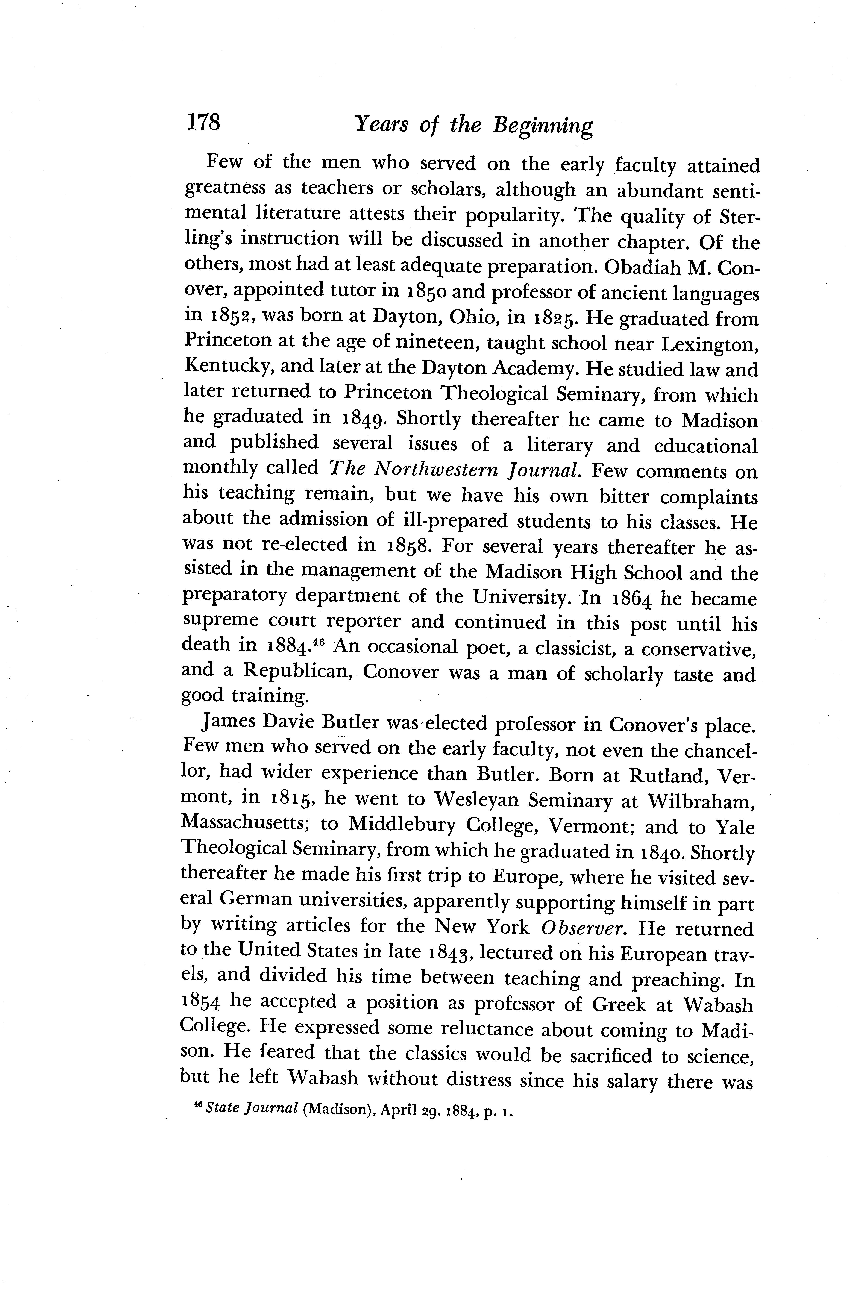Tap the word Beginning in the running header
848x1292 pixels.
[542, 126]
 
